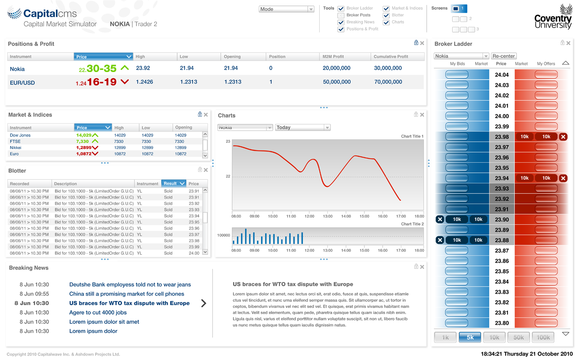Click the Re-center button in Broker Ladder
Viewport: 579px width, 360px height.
[x=503, y=56]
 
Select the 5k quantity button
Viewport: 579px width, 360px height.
[x=470, y=337]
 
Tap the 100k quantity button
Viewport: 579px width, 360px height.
[x=543, y=337]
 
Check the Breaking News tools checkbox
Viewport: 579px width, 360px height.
[x=341, y=23]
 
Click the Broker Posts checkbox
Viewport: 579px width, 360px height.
[x=341, y=15]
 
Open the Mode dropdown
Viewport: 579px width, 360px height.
[x=286, y=9]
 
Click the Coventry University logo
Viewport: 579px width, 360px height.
[x=553, y=17]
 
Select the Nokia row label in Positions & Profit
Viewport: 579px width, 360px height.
[x=17, y=69]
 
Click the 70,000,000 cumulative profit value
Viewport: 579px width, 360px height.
[x=388, y=82]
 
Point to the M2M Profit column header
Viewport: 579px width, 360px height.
[x=333, y=56]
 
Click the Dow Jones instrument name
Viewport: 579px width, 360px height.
[x=20, y=135]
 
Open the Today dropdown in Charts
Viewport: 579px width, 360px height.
[x=303, y=128]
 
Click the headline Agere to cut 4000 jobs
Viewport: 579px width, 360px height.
[x=98, y=312]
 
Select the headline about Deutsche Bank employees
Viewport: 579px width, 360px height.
[x=130, y=284]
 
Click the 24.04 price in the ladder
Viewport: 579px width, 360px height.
[x=501, y=75]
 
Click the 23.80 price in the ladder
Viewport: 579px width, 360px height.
[x=501, y=323]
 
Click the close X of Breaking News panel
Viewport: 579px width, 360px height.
[x=422, y=267]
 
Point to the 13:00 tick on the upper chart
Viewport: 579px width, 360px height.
[x=328, y=216]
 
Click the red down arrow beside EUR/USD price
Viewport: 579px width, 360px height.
[x=125, y=82]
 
